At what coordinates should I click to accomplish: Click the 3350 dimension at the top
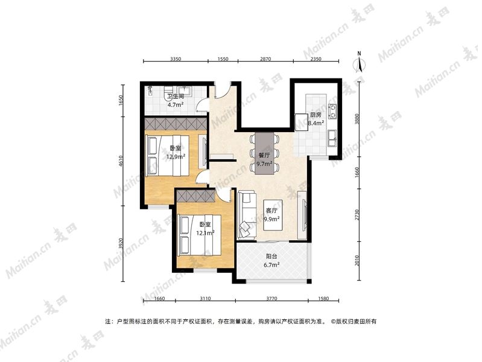click(176, 59)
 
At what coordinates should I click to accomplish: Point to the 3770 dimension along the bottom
click(271, 298)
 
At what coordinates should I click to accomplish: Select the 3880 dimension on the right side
click(357, 119)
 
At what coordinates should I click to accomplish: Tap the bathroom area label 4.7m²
click(175, 104)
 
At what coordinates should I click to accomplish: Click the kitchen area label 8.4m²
click(316, 123)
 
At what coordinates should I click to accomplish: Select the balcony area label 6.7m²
click(271, 264)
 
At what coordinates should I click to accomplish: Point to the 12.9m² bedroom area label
click(176, 156)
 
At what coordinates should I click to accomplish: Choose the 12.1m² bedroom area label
click(205, 233)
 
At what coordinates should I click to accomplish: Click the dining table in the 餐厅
click(264, 153)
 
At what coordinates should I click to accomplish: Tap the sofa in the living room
click(247, 215)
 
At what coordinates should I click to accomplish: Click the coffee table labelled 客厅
click(273, 215)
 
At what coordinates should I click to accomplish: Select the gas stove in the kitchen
click(332, 112)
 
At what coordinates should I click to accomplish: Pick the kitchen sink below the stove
click(332, 138)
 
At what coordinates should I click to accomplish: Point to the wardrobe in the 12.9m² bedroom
click(175, 124)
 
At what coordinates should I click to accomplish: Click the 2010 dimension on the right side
click(357, 261)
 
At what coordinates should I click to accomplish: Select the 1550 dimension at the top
click(223, 59)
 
